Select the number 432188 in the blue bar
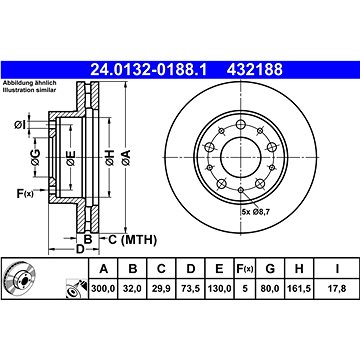[x=255, y=70]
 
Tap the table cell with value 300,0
[x=103, y=288]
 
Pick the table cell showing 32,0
[x=133, y=288]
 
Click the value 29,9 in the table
[x=161, y=288]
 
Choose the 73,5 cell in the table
[x=190, y=288]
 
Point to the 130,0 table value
[x=219, y=288]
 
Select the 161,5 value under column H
[x=299, y=288]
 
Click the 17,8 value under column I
[x=337, y=288]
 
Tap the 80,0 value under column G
[x=270, y=288]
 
